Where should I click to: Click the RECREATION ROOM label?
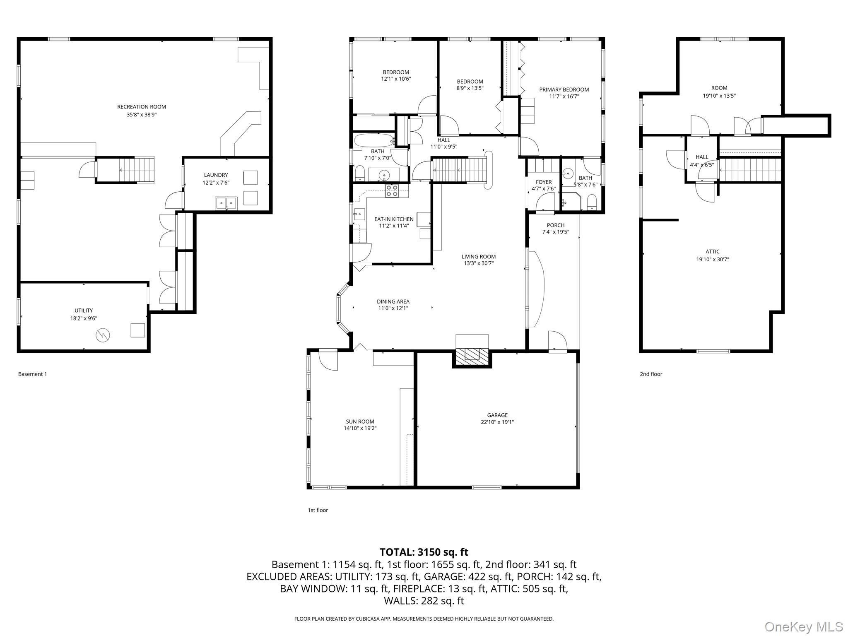[141, 107]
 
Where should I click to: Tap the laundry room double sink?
[226, 203]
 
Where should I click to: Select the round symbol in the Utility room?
[103, 335]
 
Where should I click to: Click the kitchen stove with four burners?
[392, 190]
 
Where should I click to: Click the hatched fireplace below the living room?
[472, 354]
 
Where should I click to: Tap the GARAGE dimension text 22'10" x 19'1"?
[497, 422]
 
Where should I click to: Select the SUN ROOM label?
[360, 422]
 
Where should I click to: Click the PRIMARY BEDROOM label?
[564, 89]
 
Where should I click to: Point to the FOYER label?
[544, 182]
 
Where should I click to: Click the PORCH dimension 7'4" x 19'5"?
[556, 232]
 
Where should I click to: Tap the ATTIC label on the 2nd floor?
[713, 251]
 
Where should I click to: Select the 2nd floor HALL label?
[702, 157]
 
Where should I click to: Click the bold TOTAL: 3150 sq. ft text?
[424, 552]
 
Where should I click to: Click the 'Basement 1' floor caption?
[32, 374]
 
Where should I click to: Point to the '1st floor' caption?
[318, 510]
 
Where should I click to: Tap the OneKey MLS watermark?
[803, 627]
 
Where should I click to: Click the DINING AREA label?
[393, 301]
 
